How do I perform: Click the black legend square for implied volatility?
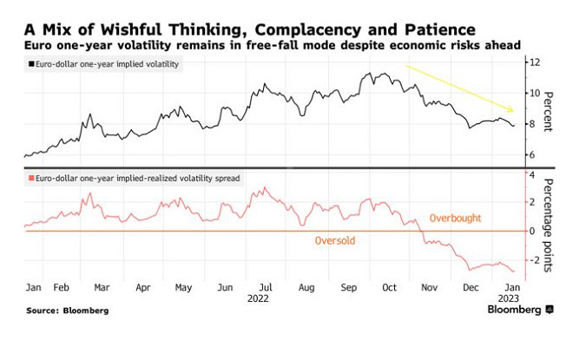[x=30, y=65]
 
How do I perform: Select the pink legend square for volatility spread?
[x=30, y=178]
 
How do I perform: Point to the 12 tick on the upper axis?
[x=536, y=62]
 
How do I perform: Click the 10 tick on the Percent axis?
[x=536, y=93]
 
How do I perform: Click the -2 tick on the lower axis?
[x=533, y=259]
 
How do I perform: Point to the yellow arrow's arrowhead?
[x=513, y=109]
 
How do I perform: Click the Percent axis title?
[x=548, y=111]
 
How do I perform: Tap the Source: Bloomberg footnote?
[x=67, y=311]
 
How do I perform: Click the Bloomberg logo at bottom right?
[x=520, y=310]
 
